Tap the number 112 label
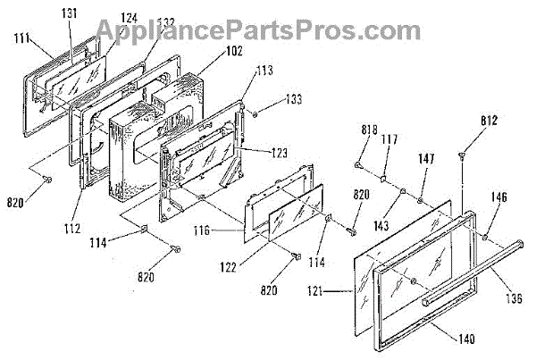(x=73, y=213)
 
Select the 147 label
(x=426, y=158)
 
